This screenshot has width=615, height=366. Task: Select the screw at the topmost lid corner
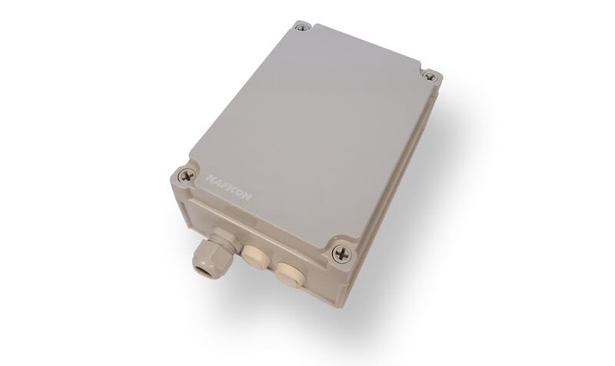[301, 28]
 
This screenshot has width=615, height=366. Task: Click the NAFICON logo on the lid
[228, 188]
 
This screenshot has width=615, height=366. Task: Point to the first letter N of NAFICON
[210, 178]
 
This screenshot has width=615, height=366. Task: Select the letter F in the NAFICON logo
[224, 185]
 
